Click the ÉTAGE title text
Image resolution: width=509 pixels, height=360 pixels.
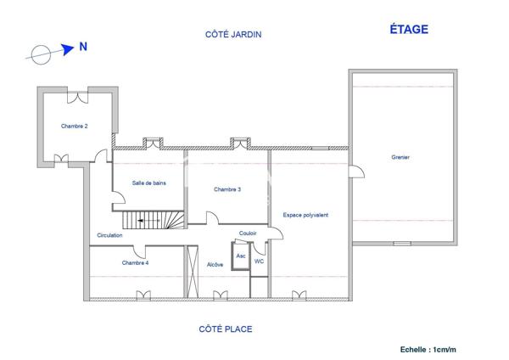tap(409, 29)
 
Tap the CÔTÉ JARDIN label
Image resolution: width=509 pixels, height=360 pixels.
tap(233, 34)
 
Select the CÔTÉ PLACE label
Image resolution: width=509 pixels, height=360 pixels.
tap(226, 329)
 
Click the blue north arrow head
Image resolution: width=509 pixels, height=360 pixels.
tap(68, 49)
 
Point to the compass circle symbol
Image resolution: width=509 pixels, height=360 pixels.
tap(41, 54)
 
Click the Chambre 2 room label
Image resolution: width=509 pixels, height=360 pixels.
tap(75, 126)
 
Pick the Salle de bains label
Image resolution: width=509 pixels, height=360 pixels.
tap(149, 183)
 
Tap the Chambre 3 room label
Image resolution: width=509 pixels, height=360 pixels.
tap(227, 189)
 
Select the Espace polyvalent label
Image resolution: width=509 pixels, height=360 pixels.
tap(305, 215)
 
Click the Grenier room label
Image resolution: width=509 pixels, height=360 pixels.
tap(400, 157)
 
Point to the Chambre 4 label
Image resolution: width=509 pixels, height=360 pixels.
tap(135, 262)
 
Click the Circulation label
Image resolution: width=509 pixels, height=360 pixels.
tap(109, 235)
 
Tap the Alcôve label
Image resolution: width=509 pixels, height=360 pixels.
tap(215, 264)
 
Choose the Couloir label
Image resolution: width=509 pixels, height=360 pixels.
tap(248, 233)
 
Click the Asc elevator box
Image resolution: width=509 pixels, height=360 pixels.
tap(241, 256)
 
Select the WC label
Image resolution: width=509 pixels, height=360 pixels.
tap(259, 262)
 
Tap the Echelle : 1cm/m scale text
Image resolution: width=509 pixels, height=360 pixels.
tap(428, 350)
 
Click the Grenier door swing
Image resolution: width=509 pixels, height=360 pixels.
tap(357, 172)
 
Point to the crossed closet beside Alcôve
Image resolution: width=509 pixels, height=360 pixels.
tap(193, 272)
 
